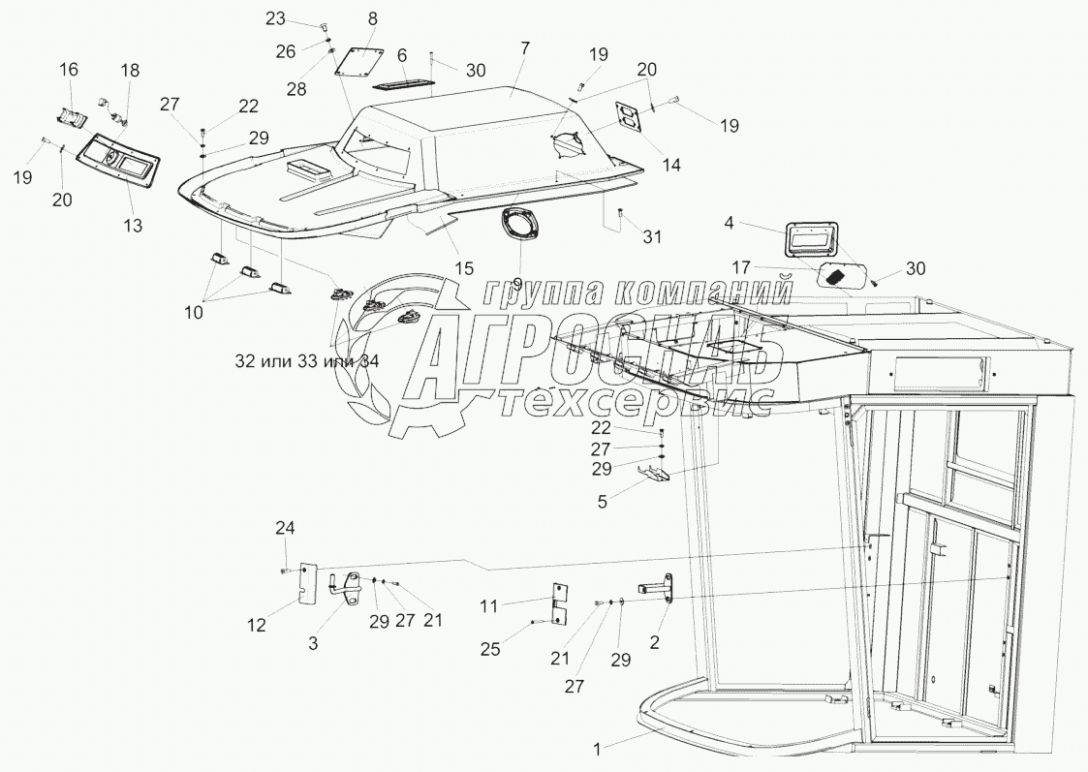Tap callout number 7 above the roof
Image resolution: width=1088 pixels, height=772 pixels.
[524, 46]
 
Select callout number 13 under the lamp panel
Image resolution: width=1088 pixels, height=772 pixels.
[133, 226]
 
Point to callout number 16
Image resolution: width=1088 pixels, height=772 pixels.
[69, 69]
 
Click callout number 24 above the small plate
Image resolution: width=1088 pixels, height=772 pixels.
[284, 528]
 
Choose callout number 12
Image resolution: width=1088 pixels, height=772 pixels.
[256, 627]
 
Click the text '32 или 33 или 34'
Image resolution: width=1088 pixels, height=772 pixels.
[306, 360]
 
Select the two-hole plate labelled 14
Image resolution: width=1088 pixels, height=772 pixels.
[628, 119]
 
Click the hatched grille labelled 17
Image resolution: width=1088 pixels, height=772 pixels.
[840, 274]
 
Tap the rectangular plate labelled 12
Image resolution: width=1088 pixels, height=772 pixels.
[306, 583]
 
